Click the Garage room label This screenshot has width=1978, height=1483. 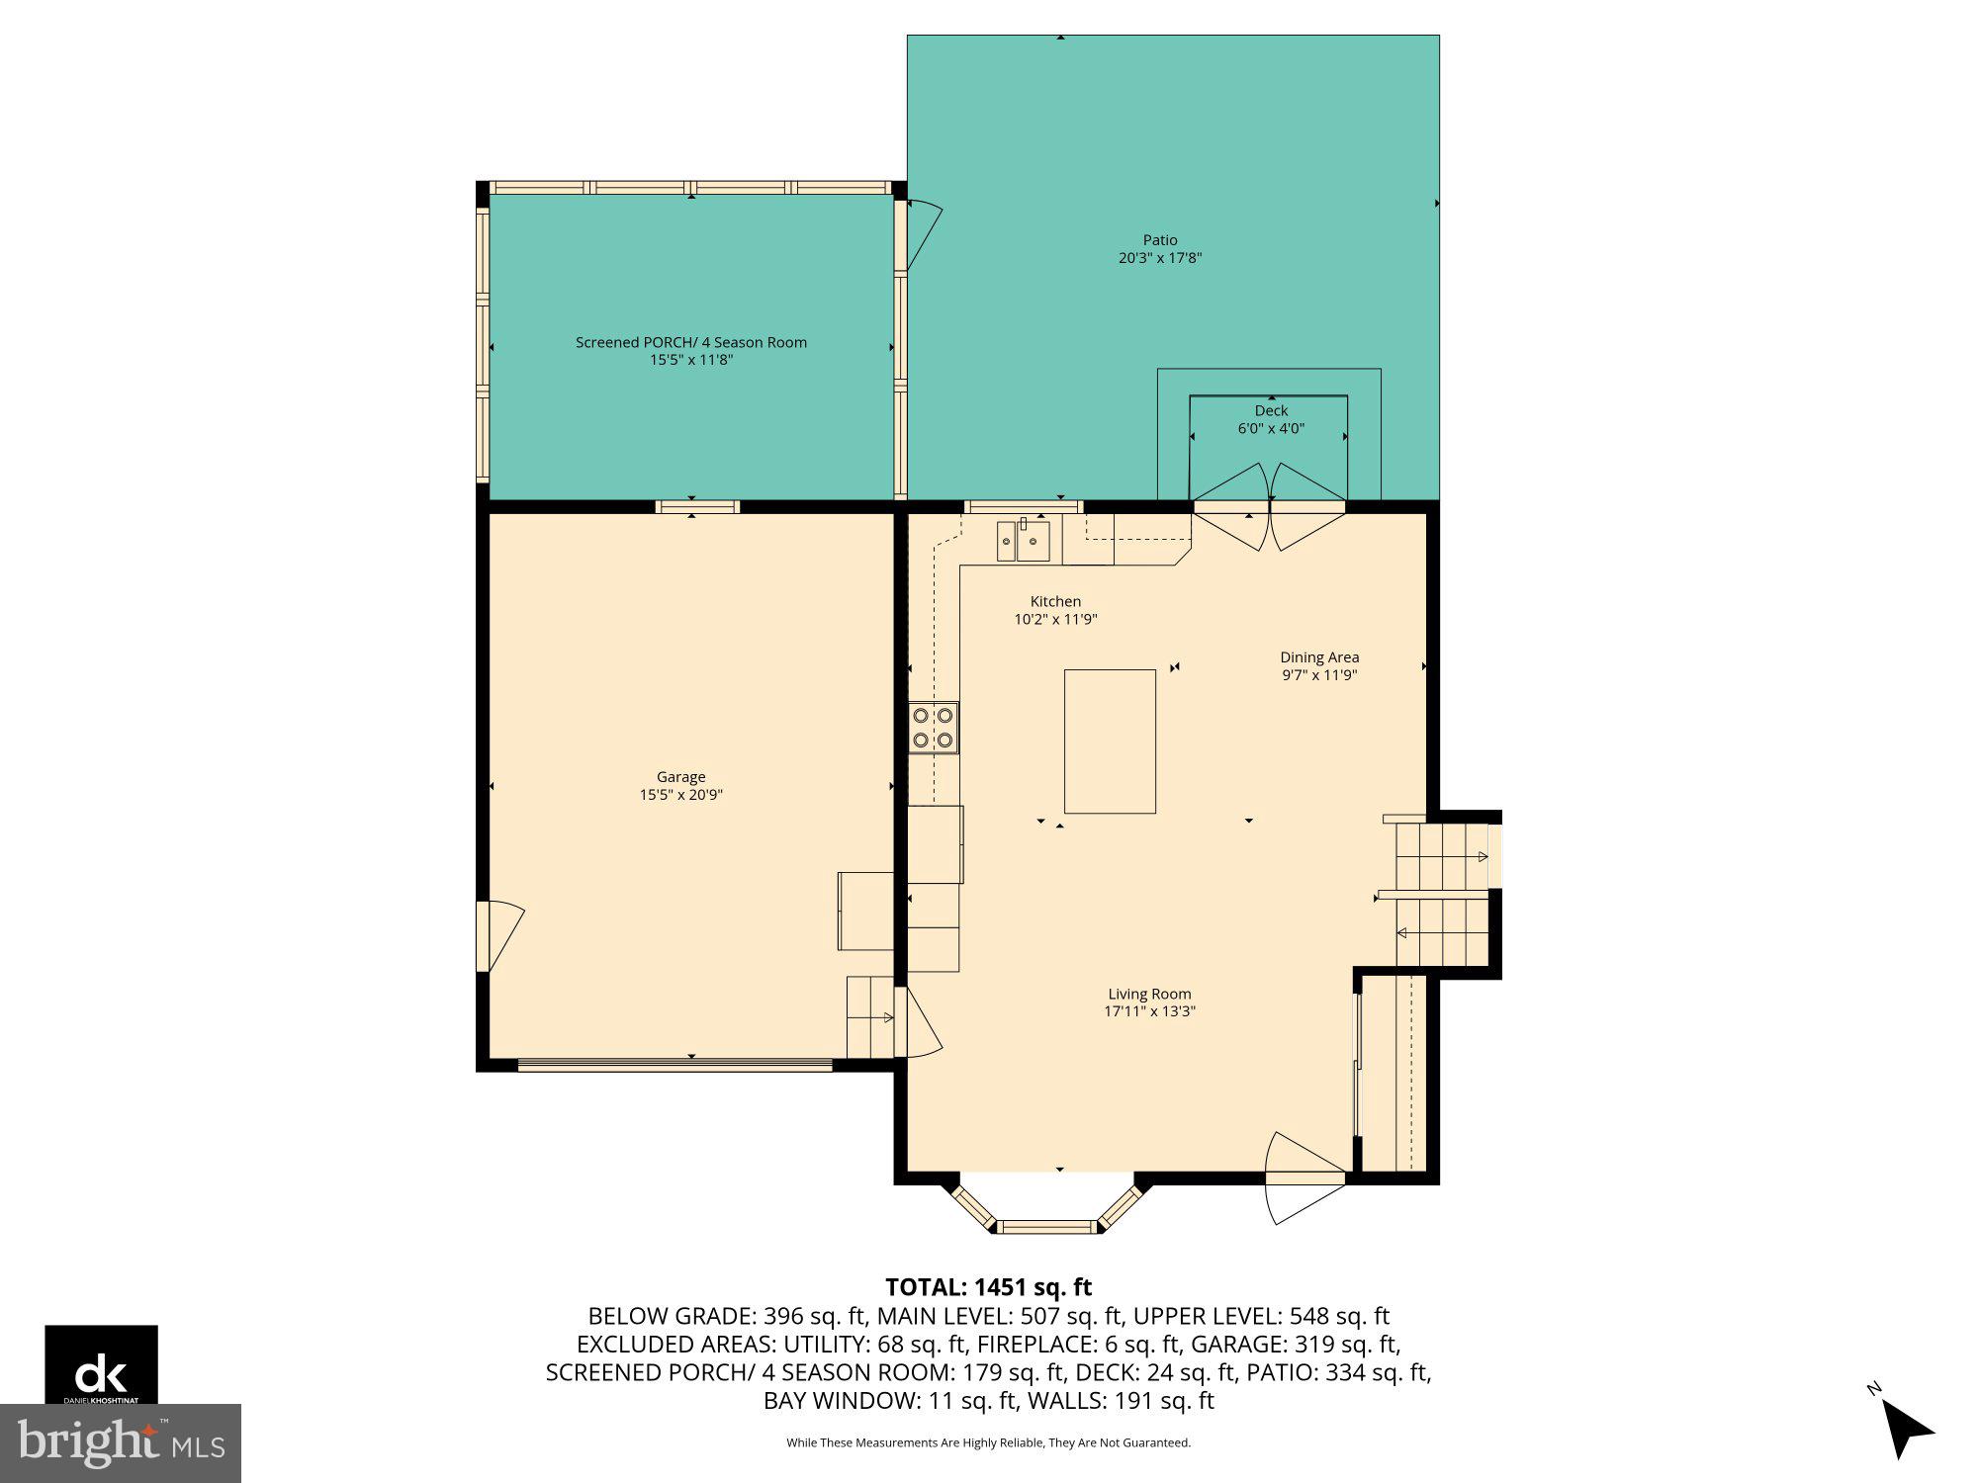coord(680,777)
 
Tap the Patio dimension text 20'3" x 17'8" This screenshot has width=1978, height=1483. coord(1160,258)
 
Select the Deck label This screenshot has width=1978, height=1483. coord(1271,410)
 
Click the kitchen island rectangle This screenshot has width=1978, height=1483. coord(1110,741)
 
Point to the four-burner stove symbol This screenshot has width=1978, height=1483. coord(934,728)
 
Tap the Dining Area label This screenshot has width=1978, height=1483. coord(1319,657)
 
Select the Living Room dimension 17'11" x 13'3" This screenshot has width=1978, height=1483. coord(1149,1011)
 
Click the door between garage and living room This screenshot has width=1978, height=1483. coord(920,1023)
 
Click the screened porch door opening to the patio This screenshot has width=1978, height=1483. coord(922,233)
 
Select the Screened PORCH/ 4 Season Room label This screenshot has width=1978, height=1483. coord(691,342)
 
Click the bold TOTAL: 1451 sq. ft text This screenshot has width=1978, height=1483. coord(988,1287)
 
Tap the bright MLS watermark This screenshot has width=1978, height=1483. coord(121,1443)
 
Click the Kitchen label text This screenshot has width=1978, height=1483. coord(1055,601)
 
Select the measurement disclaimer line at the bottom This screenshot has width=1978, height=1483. coord(988,1443)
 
